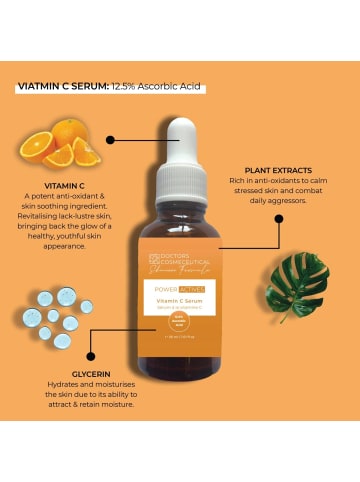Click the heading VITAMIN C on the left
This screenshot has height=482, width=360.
click(61, 186)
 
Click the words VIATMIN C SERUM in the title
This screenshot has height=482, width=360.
click(61, 86)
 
